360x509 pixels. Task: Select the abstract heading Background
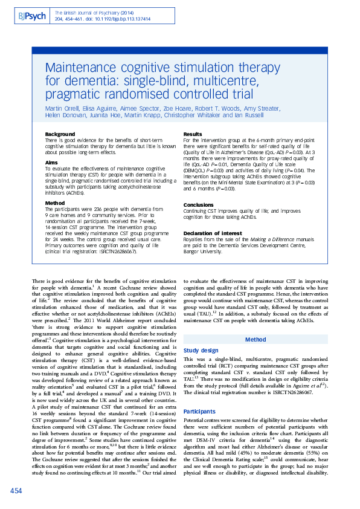point(60,134)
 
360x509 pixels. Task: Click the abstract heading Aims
point(52,163)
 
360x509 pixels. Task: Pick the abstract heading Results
point(192,134)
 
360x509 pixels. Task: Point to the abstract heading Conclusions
point(199,204)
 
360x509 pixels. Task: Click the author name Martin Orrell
point(62,108)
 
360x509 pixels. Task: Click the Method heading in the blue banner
point(254,340)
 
